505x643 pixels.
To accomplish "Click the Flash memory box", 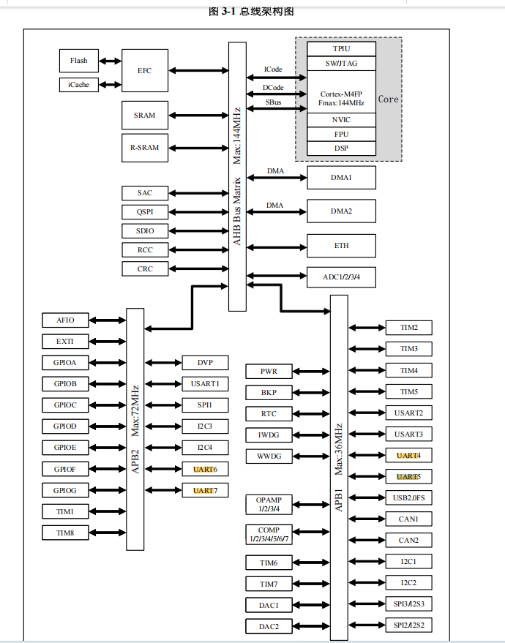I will coord(78,61).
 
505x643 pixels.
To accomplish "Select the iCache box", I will coord(78,85).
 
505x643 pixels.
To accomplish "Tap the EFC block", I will coord(145,71).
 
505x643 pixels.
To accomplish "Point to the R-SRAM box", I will coord(145,148).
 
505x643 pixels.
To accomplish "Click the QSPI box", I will coord(145,212).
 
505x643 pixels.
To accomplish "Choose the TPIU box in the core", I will coord(341,48).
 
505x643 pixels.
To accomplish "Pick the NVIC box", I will coord(341,120).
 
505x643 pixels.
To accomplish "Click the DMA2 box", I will coord(341,211).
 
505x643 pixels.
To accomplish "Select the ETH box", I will coord(341,246).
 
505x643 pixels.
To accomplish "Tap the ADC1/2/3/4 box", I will coord(341,277).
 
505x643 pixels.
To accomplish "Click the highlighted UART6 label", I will coord(206,468).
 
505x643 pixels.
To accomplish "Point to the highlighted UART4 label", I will coord(408,456).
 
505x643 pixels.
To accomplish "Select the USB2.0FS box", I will coord(408,498).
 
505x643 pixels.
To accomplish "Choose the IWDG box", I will coord(269,435).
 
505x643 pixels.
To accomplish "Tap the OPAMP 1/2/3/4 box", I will coord(269,504).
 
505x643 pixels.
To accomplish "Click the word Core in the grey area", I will coord(388,99).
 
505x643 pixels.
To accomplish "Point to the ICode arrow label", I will coord(273,69).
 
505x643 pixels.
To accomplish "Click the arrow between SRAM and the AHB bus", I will coord(198,116).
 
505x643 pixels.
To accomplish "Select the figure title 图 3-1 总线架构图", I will coord(252,12).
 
